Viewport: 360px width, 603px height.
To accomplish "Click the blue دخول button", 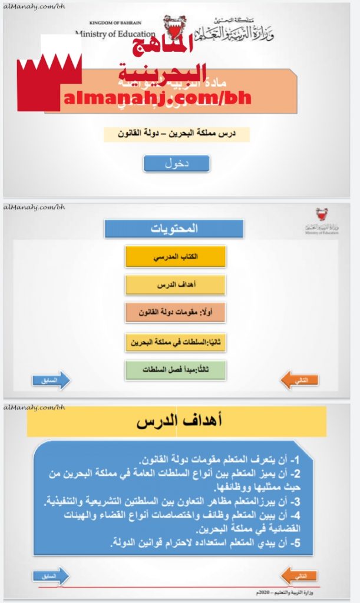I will tap(176, 164).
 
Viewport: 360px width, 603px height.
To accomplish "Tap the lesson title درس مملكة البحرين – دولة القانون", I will tap(177, 134).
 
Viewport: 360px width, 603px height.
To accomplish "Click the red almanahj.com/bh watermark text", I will tap(156, 98).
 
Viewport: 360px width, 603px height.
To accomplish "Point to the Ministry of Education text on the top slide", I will tap(115, 34).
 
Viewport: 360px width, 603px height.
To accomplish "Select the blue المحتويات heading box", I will tap(174, 228).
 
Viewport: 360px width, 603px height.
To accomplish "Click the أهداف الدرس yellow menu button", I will tap(175, 285).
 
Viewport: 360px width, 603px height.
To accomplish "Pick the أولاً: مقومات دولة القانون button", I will tap(175, 313).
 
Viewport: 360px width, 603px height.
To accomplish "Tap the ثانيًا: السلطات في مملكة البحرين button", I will tap(175, 342).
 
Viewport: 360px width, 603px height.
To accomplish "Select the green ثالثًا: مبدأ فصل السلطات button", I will tap(175, 370).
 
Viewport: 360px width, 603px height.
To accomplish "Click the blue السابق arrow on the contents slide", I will tap(51, 380).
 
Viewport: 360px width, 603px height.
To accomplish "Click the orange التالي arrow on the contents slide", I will tap(299, 380).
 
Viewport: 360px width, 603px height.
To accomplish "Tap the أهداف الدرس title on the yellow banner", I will tap(177, 422).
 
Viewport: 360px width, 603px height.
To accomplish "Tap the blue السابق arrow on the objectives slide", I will tap(51, 576).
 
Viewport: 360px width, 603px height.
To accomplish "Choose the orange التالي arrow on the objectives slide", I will tap(299, 576).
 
